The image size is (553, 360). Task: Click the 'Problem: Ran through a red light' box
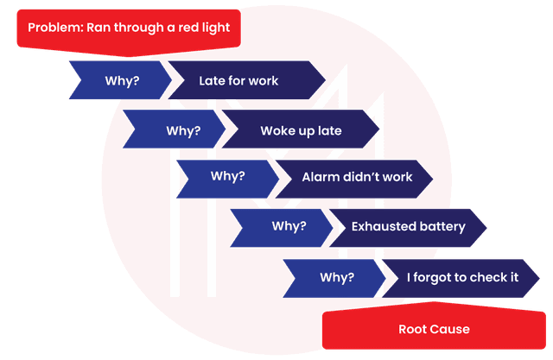(x=128, y=28)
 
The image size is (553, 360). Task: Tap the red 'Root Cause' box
(x=434, y=329)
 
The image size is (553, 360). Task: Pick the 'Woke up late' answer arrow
(x=301, y=131)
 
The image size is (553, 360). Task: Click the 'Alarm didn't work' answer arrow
(x=356, y=177)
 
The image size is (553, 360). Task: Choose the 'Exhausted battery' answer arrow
(x=408, y=227)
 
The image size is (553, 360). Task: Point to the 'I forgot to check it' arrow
(x=462, y=277)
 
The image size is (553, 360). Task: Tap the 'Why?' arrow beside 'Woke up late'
(x=182, y=131)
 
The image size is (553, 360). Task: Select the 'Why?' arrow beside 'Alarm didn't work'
(x=228, y=176)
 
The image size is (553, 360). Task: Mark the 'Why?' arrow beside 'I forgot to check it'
(x=337, y=277)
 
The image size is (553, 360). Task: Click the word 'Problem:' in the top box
(x=54, y=28)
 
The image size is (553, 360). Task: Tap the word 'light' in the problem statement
(x=214, y=28)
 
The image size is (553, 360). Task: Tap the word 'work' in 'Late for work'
(x=263, y=81)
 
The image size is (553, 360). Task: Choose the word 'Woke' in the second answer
(x=276, y=131)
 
